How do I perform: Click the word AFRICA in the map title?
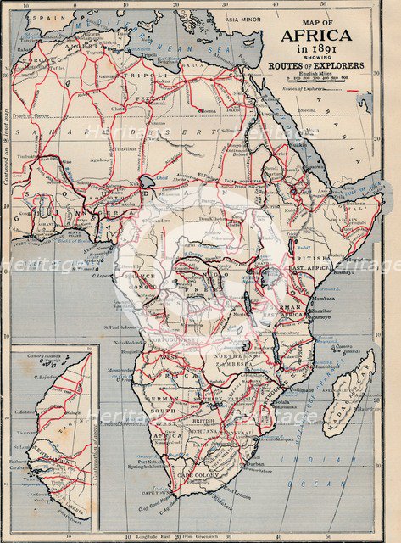click(317, 35)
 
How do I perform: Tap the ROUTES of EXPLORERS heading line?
click(317, 65)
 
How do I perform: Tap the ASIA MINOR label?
click(244, 18)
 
